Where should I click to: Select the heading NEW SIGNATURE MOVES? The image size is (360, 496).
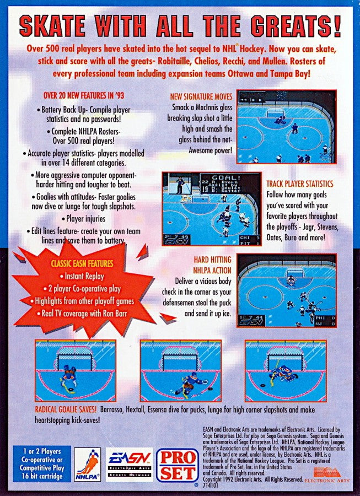tap(201, 97)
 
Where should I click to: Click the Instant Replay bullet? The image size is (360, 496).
tap(84, 276)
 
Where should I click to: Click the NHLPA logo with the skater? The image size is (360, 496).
tap(88, 464)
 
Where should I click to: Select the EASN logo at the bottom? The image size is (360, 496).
tap(129, 463)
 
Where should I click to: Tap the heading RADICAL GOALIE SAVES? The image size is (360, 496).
tap(66, 409)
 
